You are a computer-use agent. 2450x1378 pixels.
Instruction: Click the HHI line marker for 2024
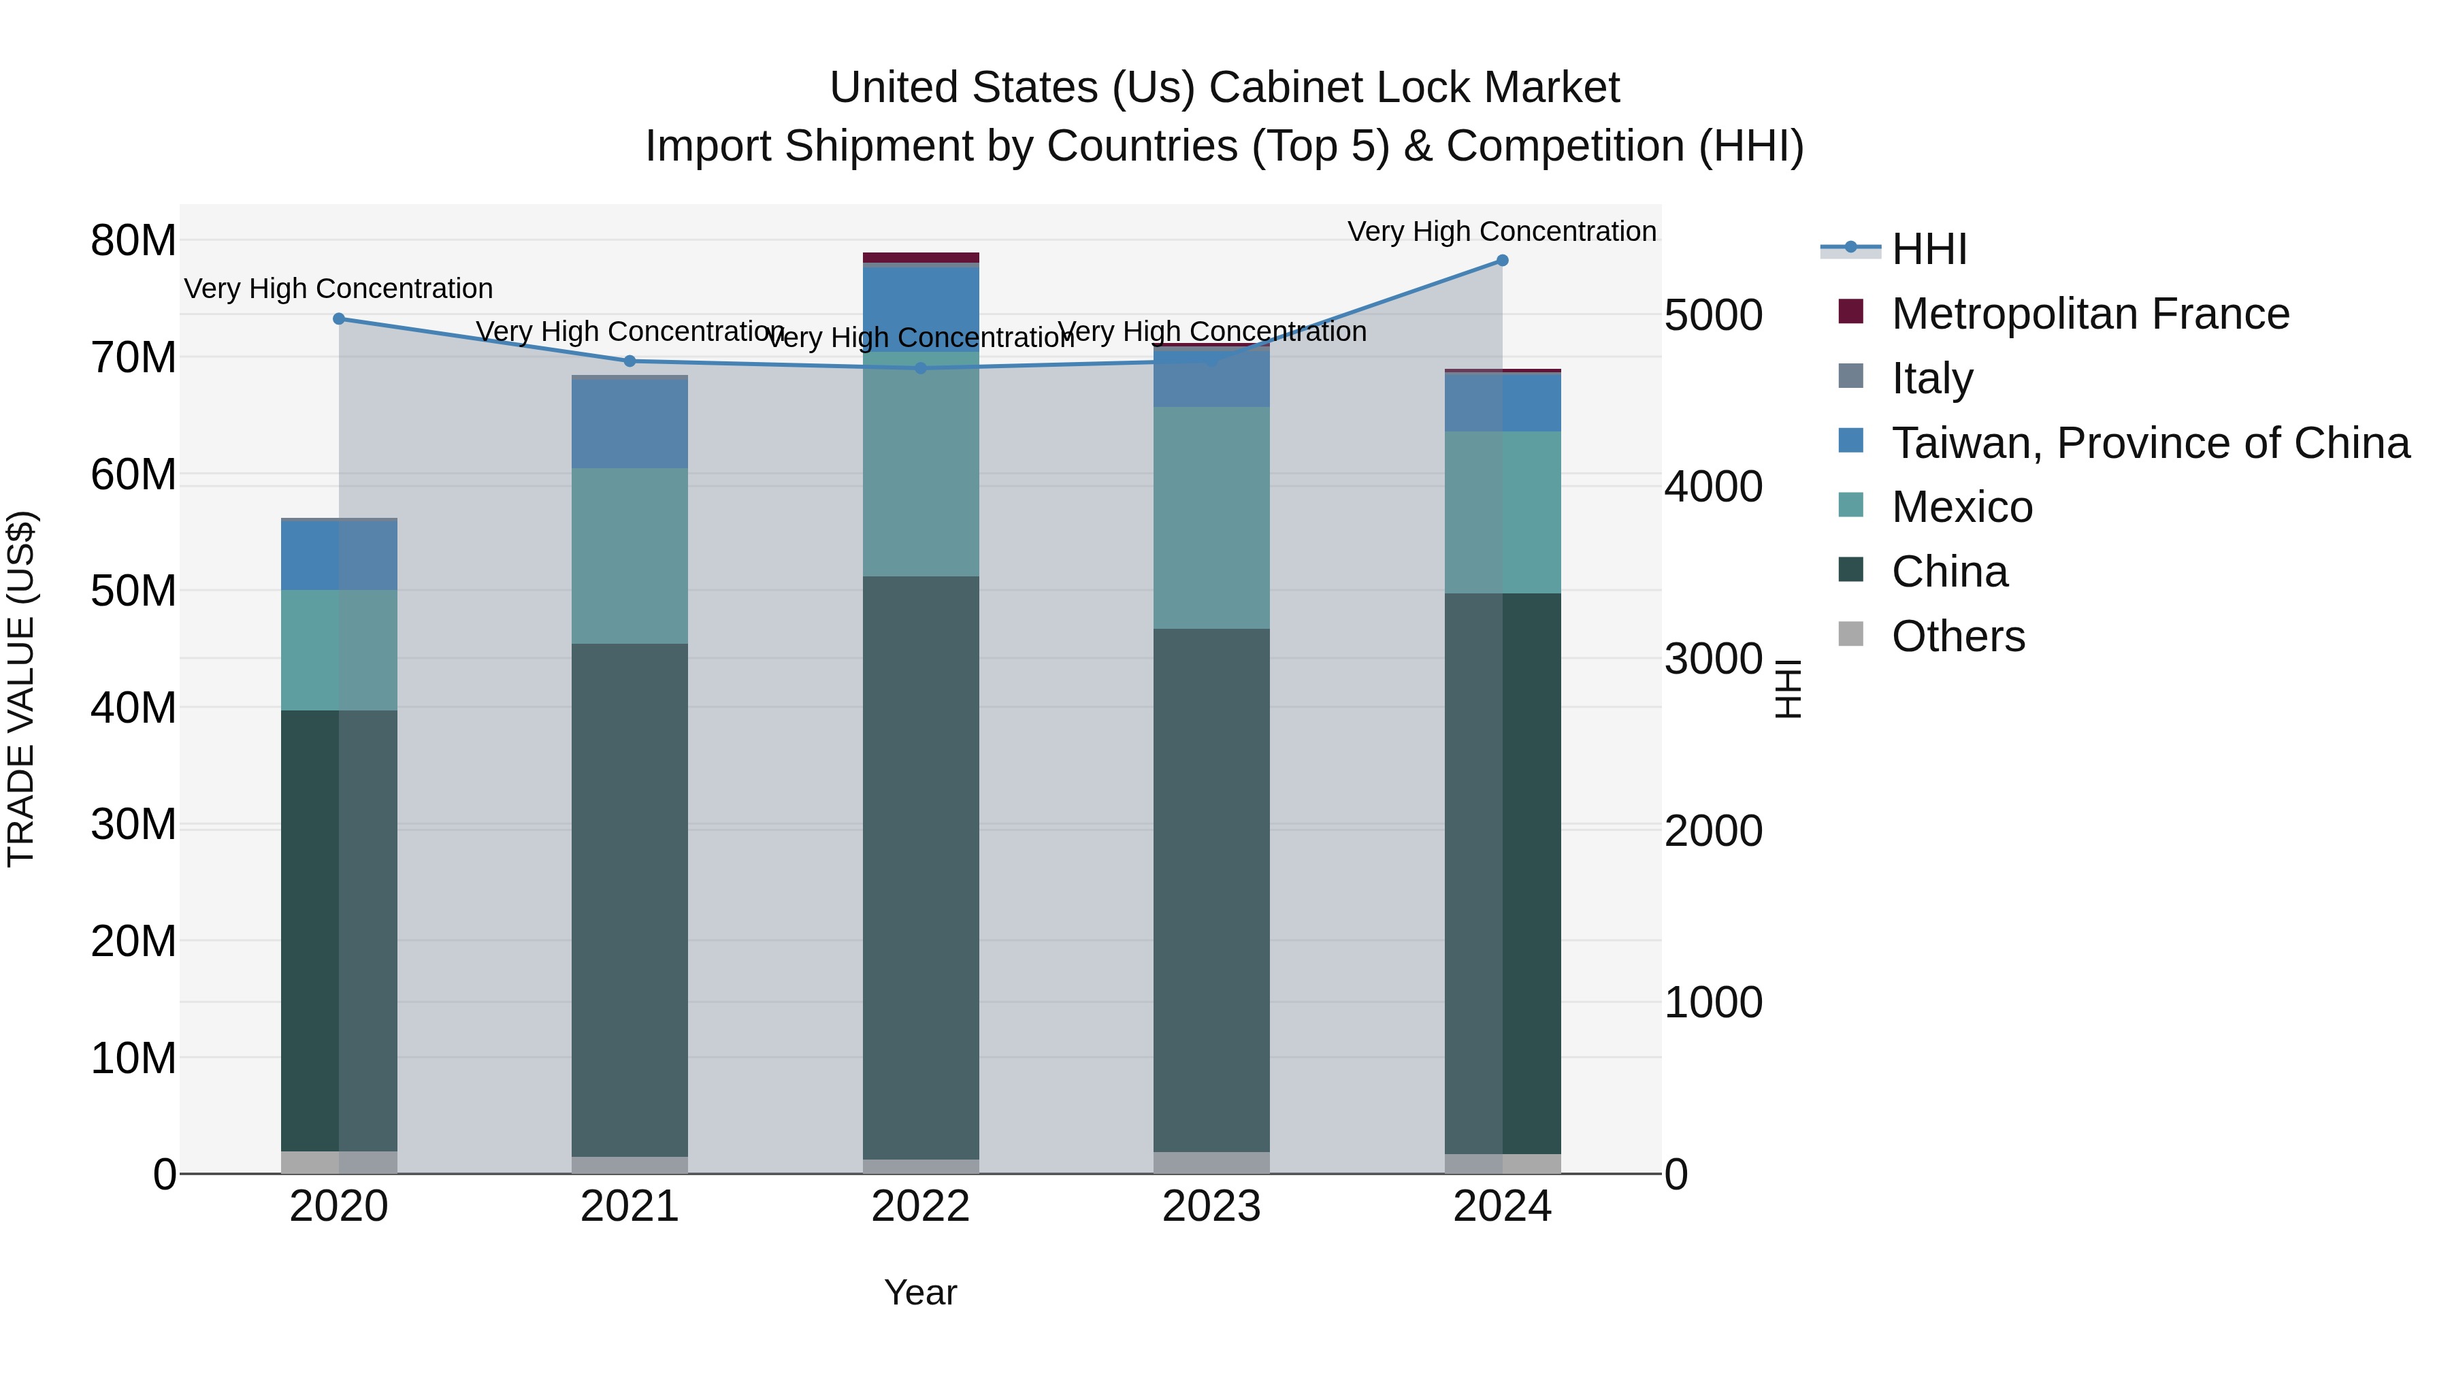tap(1502, 260)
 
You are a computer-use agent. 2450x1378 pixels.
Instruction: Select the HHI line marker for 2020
tap(339, 318)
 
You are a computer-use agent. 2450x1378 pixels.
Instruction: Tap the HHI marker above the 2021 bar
tap(630, 361)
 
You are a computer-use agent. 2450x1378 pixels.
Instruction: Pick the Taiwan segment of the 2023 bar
tap(1211, 378)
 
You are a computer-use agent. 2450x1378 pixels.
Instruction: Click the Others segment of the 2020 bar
tap(339, 1162)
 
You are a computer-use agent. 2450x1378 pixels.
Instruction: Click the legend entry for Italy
tap(1931, 378)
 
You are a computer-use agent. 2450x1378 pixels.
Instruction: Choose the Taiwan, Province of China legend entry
tap(2149, 443)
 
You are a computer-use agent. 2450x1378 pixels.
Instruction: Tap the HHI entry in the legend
tap(1928, 249)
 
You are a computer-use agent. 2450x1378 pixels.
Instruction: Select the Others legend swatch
tap(1851, 634)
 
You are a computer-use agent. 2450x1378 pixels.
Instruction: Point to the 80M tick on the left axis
tap(133, 241)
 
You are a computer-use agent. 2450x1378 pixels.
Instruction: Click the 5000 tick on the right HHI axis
tap(1713, 316)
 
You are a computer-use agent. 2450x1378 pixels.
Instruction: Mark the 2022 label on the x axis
tap(919, 1207)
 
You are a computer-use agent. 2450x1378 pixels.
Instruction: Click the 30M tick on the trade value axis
tap(133, 825)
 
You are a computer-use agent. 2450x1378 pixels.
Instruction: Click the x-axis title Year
tap(919, 1292)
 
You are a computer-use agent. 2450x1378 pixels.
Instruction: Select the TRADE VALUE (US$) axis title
tap(21, 689)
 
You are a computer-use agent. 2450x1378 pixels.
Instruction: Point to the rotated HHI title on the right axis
tap(1788, 689)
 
